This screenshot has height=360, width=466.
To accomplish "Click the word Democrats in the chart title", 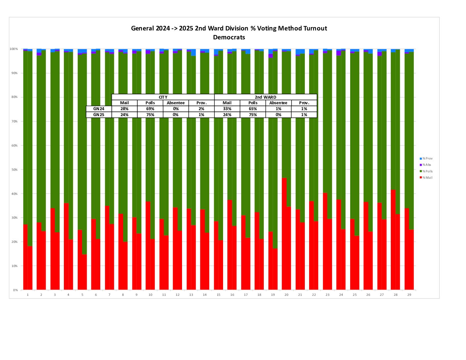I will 229,37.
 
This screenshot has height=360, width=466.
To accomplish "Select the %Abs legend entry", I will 427,165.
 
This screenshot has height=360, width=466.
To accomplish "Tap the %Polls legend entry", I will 427,171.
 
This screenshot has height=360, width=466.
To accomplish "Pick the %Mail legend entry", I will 427,178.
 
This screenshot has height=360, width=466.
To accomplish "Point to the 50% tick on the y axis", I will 15,170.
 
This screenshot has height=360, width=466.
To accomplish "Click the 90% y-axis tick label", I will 15,73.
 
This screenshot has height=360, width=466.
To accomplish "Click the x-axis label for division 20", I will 286,295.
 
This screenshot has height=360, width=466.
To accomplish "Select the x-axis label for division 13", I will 191,295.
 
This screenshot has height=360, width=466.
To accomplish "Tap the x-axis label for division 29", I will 409,295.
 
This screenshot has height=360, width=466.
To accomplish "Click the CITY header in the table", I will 163,97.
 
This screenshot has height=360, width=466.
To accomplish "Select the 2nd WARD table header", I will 265,97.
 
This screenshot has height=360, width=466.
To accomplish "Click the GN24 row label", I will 99,109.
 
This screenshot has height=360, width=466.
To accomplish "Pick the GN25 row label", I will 99,115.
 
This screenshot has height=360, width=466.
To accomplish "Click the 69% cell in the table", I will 150,109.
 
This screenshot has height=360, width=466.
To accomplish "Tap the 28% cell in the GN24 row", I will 124,109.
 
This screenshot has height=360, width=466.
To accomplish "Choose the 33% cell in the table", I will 227,109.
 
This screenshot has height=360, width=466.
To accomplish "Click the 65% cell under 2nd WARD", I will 253,109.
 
